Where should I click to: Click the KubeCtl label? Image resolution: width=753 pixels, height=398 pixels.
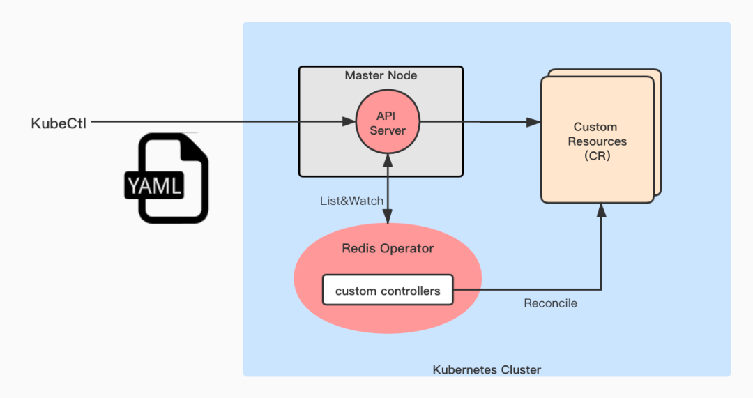(59, 124)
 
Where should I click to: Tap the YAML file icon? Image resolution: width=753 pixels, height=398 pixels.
(165, 178)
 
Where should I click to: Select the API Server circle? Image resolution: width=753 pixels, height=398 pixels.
(388, 123)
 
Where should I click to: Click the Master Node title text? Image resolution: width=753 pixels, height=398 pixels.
(381, 75)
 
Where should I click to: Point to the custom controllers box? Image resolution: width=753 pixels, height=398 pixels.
(388, 291)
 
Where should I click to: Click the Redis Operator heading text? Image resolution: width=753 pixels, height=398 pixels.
(388, 249)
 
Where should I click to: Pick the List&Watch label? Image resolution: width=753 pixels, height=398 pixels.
(351, 201)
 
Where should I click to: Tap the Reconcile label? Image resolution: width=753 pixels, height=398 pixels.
(551, 304)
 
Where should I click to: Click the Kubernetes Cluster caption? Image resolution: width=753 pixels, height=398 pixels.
(487, 369)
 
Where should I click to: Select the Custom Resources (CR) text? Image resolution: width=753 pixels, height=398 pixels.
(598, 141)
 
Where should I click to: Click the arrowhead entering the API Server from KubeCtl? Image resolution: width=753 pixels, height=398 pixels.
(349, 123)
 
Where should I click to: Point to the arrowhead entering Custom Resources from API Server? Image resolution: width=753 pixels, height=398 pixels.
(534, 123)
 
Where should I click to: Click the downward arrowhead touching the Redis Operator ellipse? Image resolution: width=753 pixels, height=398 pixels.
(388, 218)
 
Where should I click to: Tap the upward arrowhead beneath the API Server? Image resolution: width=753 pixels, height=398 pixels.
(388, 162)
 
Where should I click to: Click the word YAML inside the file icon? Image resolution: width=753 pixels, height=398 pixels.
(155, 186)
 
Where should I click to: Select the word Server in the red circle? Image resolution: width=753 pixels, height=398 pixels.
(388, 131)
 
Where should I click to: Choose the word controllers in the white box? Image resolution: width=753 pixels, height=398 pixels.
(409, 291)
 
